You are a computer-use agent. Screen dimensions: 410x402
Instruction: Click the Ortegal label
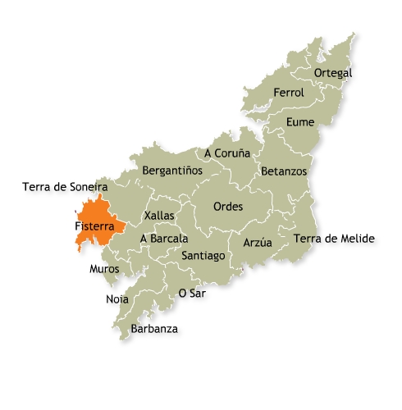[x=333, y=73]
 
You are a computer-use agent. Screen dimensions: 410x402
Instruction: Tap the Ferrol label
[x=289, y=93]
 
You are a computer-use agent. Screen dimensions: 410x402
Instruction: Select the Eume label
[x=299, y=122]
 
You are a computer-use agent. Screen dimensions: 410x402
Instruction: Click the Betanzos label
[x=284, y=171]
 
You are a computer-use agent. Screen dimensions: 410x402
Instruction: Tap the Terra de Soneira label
[x=66, y=187]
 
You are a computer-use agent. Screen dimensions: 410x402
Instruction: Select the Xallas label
[x=158, y=215]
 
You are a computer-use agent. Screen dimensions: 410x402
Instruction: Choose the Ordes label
[x=227, y=207]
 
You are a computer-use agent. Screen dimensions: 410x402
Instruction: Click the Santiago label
[x=203, y=256]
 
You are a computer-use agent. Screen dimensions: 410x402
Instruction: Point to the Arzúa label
[x=258, y=243]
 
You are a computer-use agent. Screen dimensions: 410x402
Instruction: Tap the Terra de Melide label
[x=334, y=239]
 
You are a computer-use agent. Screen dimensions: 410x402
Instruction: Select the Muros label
[x=104, y=268]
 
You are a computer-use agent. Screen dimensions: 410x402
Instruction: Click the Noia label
[x=117, y=299]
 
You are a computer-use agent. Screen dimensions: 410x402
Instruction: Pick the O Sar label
[x=192, y=293]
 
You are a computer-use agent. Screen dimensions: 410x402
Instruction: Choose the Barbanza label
[x=154, y=330]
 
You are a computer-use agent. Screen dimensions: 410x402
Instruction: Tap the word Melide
[x=357, y=239]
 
